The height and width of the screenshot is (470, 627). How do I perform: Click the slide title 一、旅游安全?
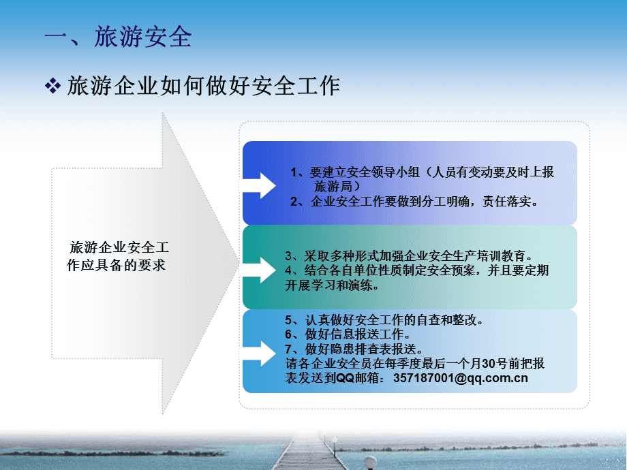[x=118, y=37]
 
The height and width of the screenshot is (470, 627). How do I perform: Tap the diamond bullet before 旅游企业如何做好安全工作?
[x=52, y=86]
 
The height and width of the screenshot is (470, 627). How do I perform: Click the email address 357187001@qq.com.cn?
[x=461, y=378]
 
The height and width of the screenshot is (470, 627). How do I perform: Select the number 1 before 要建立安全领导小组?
[x=294, y=172]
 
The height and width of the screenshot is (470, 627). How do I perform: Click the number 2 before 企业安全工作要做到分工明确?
[x=294, y=202]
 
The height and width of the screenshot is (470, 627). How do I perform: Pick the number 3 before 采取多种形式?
[x=289, y=256]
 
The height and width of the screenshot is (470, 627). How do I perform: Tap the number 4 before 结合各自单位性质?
[x=289, y=271]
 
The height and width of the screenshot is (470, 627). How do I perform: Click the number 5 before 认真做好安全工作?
[x=289, y=319]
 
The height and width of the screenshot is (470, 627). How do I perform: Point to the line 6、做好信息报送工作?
[x=348, y=334]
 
